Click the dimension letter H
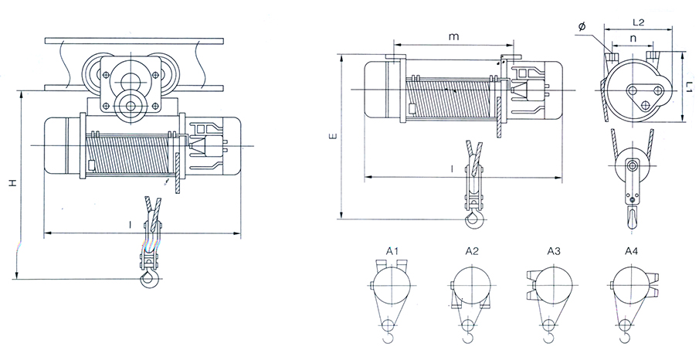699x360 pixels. pyautogui.click(x=12, y=184)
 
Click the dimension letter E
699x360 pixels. pyautogui.click(x=332, y=137)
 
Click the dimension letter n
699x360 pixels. pyautogui.click(x=633, y=36)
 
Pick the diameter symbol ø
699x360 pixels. pyautogui.click(x=581, y=27)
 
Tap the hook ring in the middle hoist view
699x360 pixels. pyautogui.click(x=472, y=222)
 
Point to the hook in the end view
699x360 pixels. pyautogui.click(x=633, y=214)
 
